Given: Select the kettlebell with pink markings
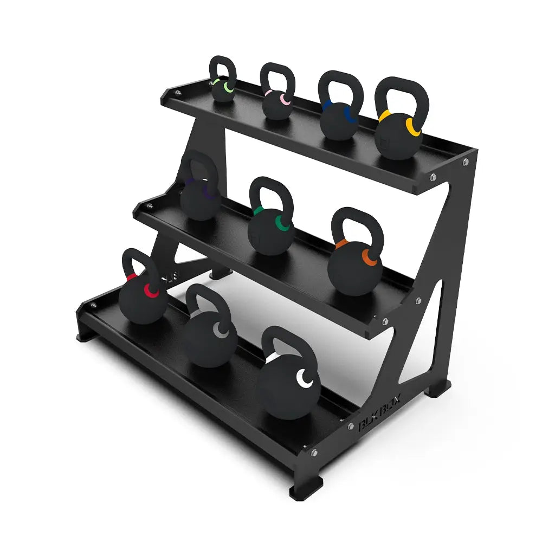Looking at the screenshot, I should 277,107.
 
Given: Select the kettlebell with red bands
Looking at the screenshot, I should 143,301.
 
